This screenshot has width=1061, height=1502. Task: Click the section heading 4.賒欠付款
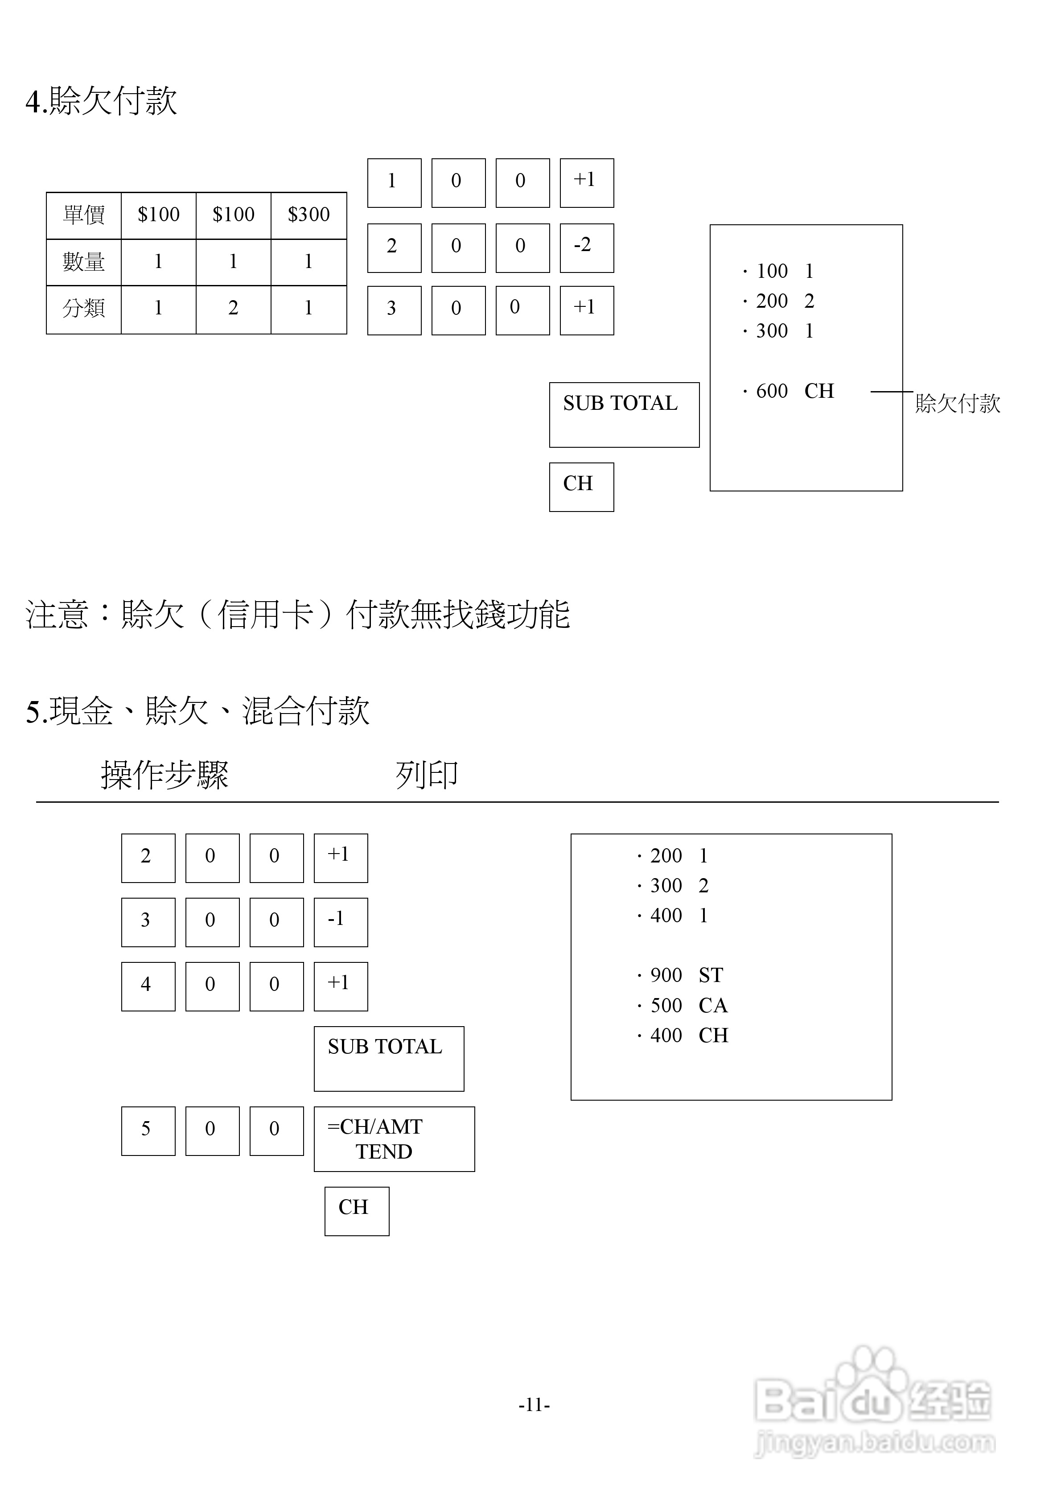(101, 101)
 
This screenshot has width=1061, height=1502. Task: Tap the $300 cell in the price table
(309, 215)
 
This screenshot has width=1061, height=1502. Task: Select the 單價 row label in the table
(84, 215)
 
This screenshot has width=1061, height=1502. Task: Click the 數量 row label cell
(84, 262)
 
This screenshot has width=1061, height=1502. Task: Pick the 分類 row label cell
(84, 308)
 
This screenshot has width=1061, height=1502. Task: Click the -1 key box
(340, 922)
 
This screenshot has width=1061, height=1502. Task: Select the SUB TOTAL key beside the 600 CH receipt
(624, 415)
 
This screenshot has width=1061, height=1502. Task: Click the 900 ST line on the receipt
(680, 975)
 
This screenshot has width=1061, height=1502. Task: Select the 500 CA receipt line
(682, 1006)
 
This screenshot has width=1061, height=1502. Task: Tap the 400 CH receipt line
(682, 1036)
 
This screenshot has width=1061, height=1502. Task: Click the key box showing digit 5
(148, 1131)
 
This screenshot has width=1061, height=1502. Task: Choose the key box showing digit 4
(148, 986)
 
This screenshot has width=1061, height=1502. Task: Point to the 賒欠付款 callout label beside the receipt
(957, 404)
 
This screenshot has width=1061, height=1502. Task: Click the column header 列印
(427, 775)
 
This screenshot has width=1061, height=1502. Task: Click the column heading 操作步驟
(165, 775)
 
